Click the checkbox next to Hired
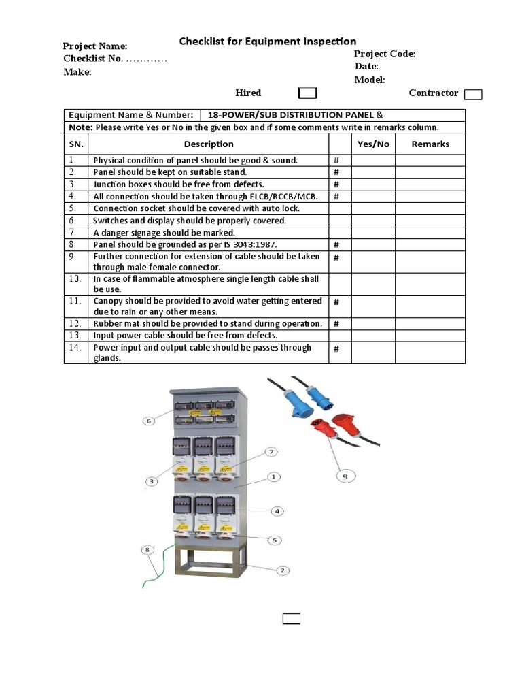308,93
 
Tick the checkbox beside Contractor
473,95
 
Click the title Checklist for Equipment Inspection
267,42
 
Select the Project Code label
384,54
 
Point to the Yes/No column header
373,144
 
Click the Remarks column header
430,144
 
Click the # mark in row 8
336,244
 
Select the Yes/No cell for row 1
373,160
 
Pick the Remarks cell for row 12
430,323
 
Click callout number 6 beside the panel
149,421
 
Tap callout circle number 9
345,476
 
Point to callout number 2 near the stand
282,570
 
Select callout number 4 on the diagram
277,510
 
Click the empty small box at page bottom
292,618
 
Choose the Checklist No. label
93,59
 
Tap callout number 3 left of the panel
152,481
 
